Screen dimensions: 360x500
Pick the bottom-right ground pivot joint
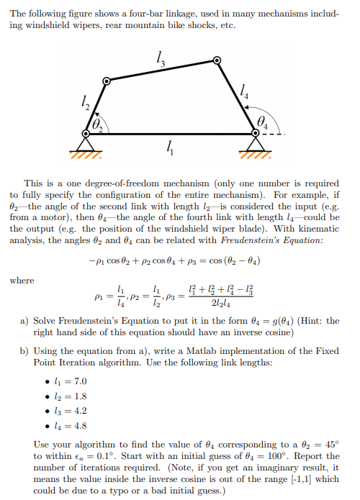click(x=256, y=132)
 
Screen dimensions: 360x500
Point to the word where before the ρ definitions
click(x=22, y=281)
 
